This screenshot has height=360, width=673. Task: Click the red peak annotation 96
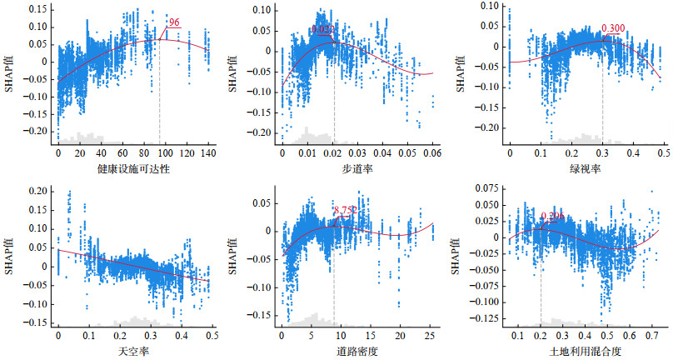[x=174, y=22]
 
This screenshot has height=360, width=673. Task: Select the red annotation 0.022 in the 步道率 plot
[x=323, y=29]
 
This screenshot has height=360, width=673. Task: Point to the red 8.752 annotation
[x=345, y=210]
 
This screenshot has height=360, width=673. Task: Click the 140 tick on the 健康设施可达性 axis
[x=207, y=154]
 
